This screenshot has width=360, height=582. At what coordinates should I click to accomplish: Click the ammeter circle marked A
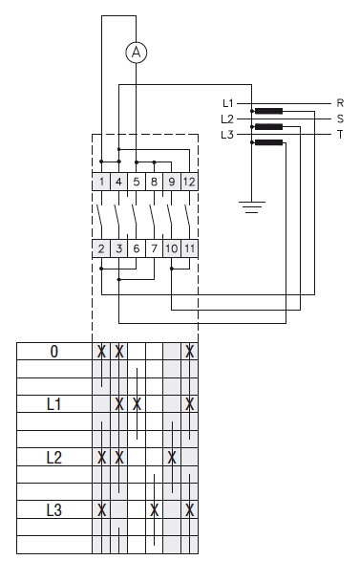137,54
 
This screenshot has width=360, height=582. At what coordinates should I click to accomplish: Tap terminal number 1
101,182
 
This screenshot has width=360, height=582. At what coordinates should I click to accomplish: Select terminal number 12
189,182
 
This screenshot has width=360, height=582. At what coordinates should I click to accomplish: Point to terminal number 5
137,182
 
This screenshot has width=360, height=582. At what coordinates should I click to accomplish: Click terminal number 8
154,182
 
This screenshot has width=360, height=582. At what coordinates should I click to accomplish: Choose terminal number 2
101,248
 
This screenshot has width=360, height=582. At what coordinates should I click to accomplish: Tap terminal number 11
189,248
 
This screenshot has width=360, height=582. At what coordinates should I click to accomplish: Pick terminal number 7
154,248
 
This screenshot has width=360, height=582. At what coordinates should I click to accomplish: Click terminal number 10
172,248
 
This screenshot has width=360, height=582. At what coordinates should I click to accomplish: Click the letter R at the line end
340,102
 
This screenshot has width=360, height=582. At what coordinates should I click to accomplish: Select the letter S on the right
340,119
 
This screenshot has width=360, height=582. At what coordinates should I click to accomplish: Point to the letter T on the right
340,135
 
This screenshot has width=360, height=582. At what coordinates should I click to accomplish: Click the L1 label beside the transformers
227,102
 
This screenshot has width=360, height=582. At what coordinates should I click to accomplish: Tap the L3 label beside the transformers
227,135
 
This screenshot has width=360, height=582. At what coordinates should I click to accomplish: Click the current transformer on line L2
268,126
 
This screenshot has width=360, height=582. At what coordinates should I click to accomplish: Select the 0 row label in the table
53,352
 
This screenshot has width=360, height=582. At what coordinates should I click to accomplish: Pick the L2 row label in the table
53,457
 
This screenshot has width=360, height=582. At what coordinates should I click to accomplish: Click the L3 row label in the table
53,510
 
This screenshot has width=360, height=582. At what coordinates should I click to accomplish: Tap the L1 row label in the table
53,404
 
